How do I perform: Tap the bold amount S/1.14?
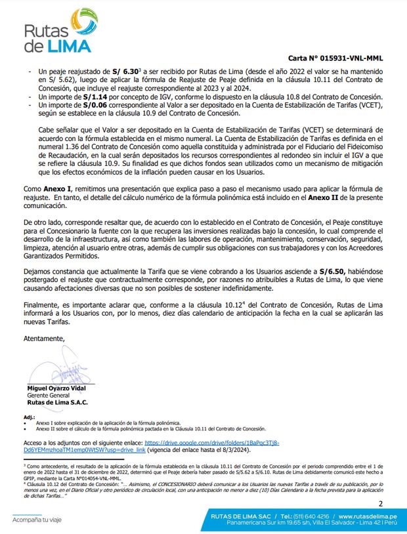point(96,97)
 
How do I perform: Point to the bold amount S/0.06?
point(96,105)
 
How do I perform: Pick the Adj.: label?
point(29,417)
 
